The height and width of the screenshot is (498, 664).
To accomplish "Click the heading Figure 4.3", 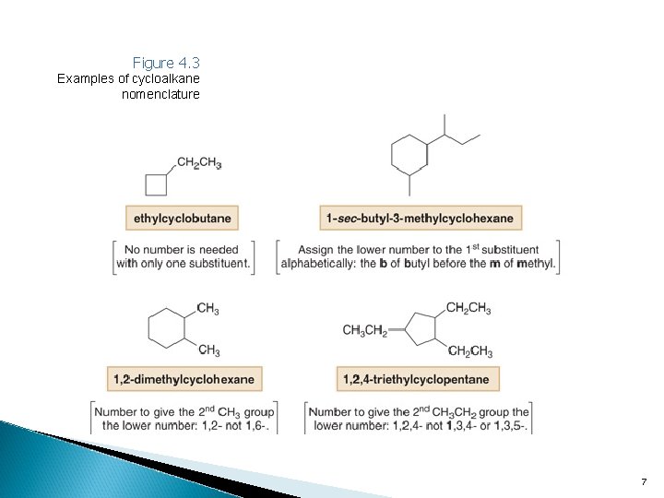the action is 166,63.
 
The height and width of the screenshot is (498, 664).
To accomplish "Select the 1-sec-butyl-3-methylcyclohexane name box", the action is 421,219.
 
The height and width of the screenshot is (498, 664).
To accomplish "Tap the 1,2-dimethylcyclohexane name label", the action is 184,378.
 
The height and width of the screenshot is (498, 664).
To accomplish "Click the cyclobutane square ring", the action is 157,184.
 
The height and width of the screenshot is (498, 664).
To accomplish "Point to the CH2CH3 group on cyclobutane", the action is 198,163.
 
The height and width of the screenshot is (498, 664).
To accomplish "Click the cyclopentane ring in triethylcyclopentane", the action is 422,329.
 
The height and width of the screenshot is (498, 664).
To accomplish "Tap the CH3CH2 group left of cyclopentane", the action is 364,330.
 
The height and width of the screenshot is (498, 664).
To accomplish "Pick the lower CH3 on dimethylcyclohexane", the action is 207,350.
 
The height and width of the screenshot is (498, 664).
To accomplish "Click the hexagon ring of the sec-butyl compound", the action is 409,152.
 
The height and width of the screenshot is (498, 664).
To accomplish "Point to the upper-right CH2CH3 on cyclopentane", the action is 468,308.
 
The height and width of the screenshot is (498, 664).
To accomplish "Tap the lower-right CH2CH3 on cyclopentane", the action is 469,351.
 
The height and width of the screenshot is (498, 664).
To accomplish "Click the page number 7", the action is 644,482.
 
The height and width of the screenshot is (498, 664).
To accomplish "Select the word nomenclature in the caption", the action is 160,94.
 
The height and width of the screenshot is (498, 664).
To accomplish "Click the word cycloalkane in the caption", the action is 160,78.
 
